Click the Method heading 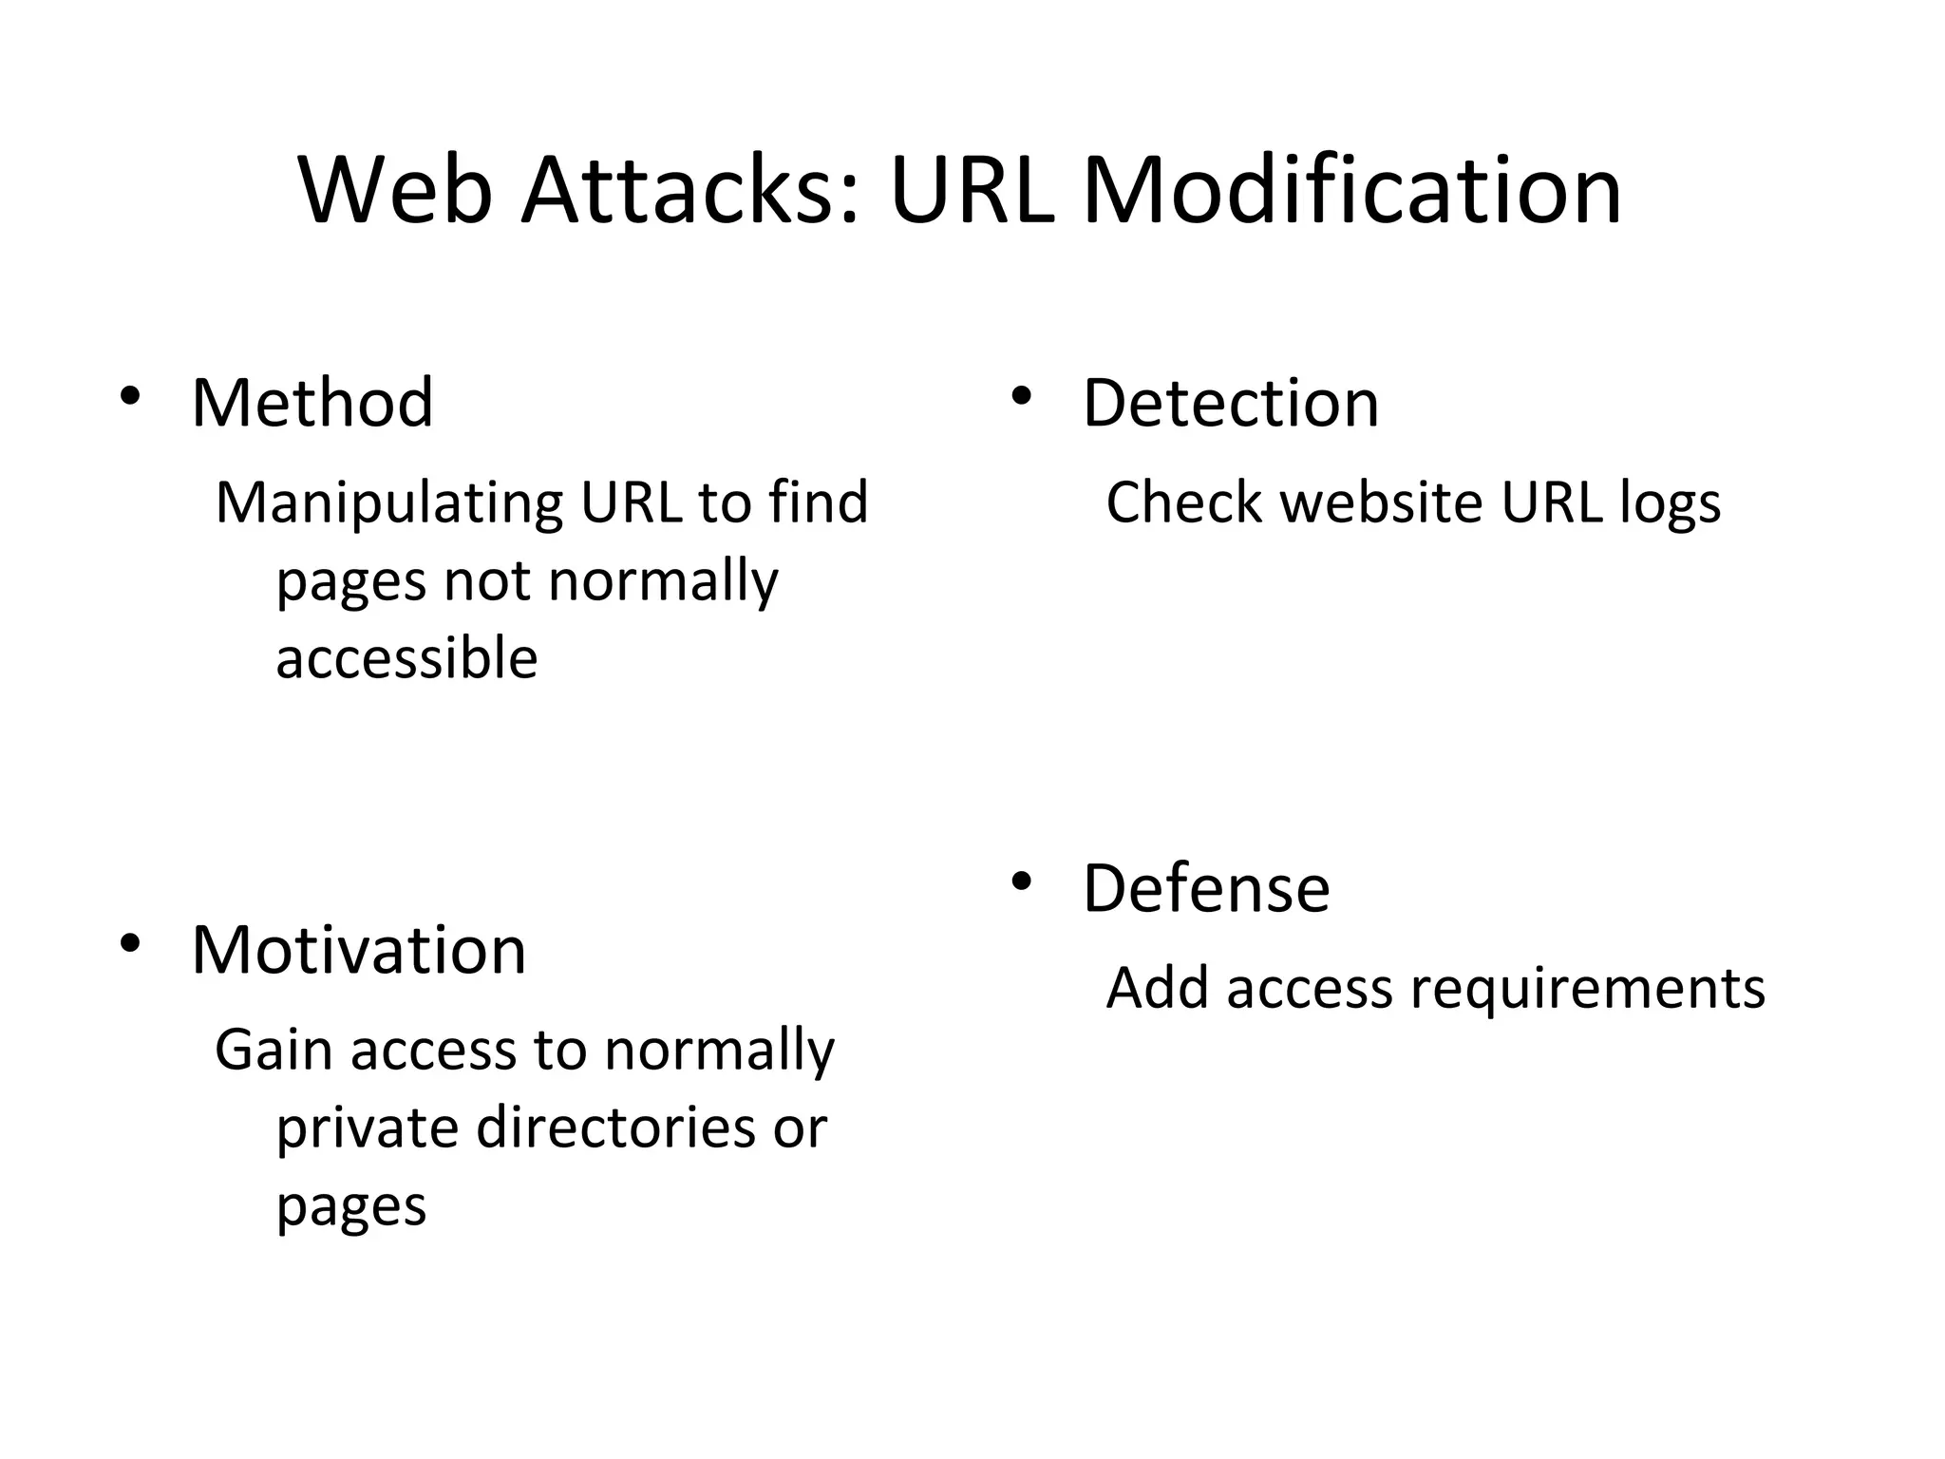[312, 403]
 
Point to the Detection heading [1230, 403]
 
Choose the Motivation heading [358, 949]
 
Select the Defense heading [1206, 888]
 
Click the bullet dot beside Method [130, 396]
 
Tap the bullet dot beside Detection [1021, 396]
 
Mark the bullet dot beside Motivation [130, 943]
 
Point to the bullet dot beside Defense [1021, 882]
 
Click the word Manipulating [389, 503]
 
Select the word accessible [406, 658]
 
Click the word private [368, 1129]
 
